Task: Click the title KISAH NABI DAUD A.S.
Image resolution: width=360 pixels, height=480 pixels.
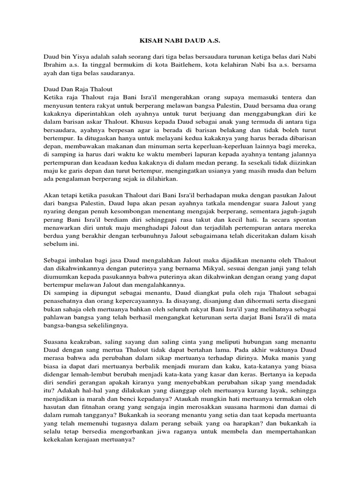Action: [x=180, y=41]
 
